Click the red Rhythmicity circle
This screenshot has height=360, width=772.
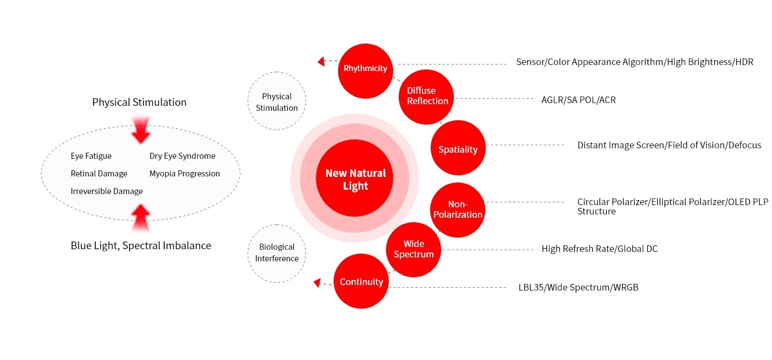click(365, 69)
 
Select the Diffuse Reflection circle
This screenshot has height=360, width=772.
click(426, 96)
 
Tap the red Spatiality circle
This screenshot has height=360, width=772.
click(458, 149)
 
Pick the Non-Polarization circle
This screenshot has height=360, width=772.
click(457, 209)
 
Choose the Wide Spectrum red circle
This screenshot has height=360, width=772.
click(414, 249)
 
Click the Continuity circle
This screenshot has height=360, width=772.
click(361, 282)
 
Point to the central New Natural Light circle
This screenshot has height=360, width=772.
click(355, 179)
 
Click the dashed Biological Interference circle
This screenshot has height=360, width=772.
click(277, 253)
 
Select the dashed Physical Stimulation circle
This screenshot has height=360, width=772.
click(277, 101)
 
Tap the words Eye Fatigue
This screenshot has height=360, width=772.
click(91, 156)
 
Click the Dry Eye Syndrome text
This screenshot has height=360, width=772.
click(183, 156)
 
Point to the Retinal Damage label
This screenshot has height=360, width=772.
click(99, 174)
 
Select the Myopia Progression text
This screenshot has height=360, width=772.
click(185, 174)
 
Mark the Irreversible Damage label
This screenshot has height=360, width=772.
click(106, 191)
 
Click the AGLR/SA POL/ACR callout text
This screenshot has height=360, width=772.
click(578, 100)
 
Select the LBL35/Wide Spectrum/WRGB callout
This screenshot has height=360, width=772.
click(578, 287)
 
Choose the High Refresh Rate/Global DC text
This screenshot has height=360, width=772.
click(599, 249)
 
